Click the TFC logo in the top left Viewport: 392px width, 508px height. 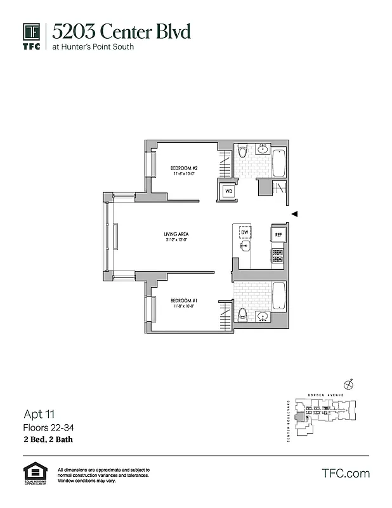[32, 36]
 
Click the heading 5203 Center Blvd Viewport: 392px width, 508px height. [121, 32]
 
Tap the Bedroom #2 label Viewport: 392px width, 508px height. [181, 168]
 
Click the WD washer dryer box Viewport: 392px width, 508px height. [227, 190]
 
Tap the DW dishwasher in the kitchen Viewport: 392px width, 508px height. [244, 232]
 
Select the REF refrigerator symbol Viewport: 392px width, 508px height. [278, 235]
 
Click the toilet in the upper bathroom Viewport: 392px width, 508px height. [242, 153]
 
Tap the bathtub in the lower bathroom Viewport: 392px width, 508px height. [278, 295]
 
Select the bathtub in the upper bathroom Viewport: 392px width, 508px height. [278, 162]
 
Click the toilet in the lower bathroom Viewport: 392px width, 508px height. [242, 314]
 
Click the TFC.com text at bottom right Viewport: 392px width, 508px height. [346, 473]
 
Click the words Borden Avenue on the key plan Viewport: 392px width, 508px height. [325, 395]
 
